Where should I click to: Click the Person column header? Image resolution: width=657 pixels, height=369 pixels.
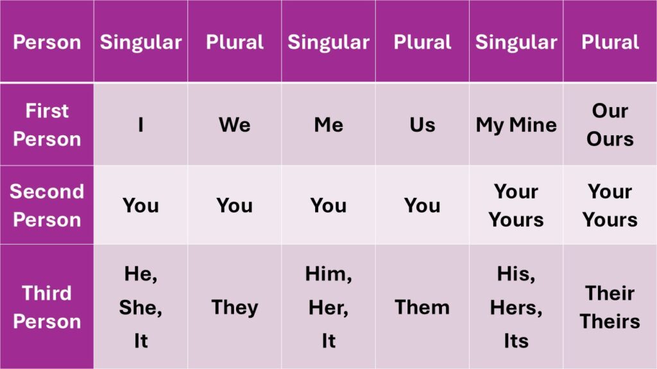[x=47, y=42]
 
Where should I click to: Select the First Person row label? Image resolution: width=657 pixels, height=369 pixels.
[x=47, y=125]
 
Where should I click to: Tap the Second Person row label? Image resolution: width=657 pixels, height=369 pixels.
[x=47, y=206]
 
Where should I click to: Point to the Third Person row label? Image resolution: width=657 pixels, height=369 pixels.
[x=47, y=307]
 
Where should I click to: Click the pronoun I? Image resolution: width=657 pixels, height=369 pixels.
[x=141, y=125]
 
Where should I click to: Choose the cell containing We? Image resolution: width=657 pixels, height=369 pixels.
[x=235, y=125]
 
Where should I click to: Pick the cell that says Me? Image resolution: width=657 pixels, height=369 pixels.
[x=328, y=125]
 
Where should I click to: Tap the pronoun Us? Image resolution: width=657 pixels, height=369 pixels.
[x=422, y=125]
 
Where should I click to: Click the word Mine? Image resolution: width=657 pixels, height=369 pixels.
[x=533, y=125]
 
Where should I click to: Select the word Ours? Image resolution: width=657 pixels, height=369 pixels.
[x=610, y=139]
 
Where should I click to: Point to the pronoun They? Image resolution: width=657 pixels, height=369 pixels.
[x=235, y=307]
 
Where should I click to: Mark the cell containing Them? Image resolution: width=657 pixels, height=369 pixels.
[x=422, y=307]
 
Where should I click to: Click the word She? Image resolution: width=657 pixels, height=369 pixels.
[x=139, y=307]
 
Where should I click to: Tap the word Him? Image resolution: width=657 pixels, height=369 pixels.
[x=327, y=274]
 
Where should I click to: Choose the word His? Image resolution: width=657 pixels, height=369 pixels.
[x=515, y=274]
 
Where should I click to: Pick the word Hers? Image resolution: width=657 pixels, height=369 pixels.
[x=515, y=307]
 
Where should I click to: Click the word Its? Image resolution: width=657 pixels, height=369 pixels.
[x=516, y=341]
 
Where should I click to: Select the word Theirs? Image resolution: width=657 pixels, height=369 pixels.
[x=610, y=322]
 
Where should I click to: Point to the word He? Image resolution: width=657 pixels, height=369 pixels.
[x=139, y=274]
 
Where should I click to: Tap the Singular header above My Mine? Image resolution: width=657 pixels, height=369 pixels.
[x=516, y=42]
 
